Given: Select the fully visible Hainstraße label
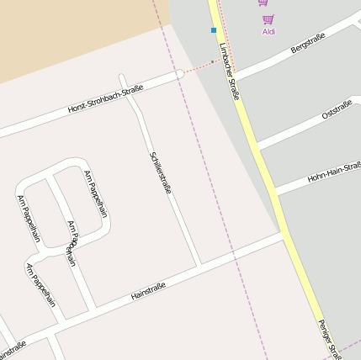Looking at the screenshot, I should (148, 292).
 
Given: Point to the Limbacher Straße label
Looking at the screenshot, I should (229, 71).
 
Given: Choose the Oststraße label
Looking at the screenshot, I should (337, 109).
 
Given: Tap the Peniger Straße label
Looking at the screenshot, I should (329, 339).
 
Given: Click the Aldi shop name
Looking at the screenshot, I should (268, 32).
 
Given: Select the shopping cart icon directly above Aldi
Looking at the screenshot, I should (268, 19).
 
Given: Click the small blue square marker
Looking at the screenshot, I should (214, 30).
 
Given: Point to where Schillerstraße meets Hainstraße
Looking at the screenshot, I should (199, 267).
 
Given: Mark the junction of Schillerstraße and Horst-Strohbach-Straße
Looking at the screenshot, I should (125, 87).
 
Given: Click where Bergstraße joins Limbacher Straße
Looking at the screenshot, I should (233, 77).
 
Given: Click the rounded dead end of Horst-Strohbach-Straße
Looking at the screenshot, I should (179, 74).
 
